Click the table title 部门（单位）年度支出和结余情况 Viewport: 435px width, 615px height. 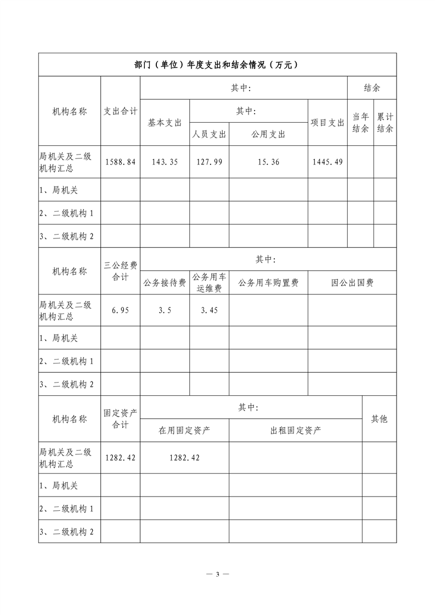(x=217, y=64)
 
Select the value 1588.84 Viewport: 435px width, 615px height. (x=120, y=162)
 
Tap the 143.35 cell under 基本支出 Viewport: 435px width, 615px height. (x=165, y=162)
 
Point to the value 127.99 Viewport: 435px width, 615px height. (x=209, y=162)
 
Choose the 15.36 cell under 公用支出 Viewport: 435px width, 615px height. (x=268, y=162)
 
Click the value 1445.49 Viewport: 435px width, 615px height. (x=327, y=162)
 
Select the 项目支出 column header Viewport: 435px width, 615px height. (x=327, y=123)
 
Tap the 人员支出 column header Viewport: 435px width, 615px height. (x=209, y=134)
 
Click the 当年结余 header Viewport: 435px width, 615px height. (x=360, y=123)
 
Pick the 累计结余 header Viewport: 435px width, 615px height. (x=385, y=123)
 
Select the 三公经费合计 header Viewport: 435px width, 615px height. (x=120, y=271)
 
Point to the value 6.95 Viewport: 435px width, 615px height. (x=120, y=310)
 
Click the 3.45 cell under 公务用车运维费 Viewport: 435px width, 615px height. (x=209, y=310)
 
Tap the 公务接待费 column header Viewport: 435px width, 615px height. (x=165, y=283)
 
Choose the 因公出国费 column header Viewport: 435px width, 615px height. (x=352, y=283)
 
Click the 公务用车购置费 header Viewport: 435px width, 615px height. (x=268, y=283)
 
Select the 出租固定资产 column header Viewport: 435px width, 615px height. (x=296, y=430)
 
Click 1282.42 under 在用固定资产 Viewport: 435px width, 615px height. (x=184, y=458)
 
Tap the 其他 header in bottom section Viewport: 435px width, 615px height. (x=379, y=419)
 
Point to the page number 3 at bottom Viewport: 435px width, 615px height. (x=217, y=574)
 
